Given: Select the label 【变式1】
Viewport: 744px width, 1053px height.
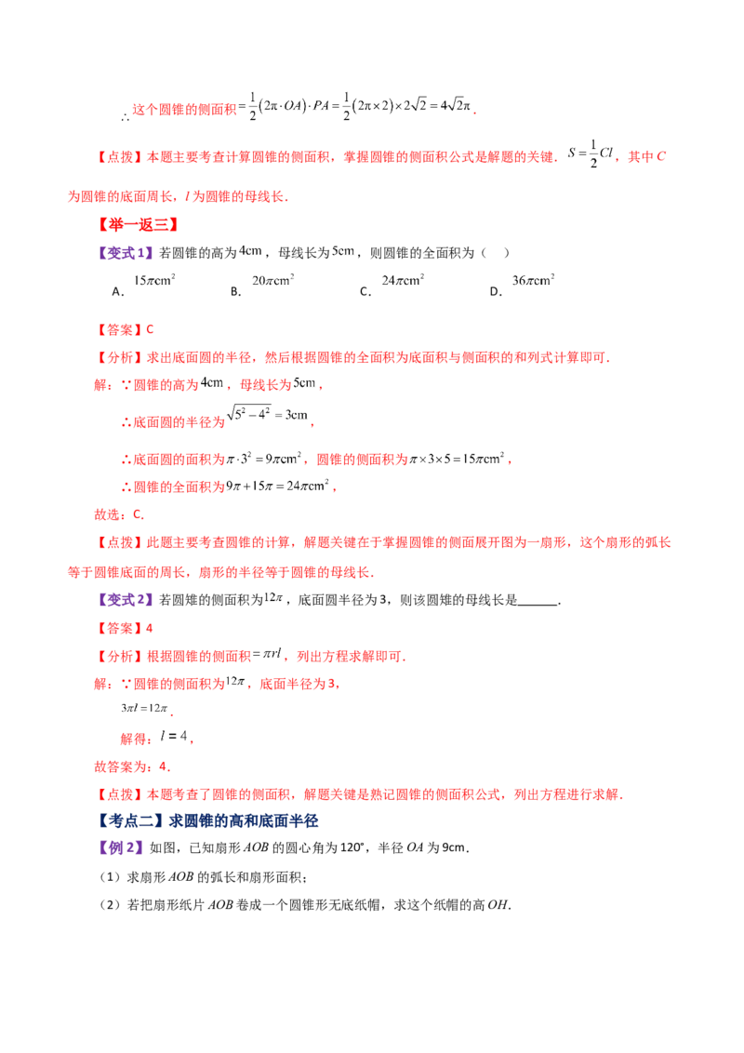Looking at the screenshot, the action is point(126,253).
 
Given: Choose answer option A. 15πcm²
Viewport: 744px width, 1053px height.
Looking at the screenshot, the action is point(144,285).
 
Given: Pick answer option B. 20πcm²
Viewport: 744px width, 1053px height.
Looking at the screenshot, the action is point(262,285).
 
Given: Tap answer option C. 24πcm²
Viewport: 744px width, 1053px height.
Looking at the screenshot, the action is point(392,285).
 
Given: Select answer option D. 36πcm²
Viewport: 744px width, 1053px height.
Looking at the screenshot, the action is point(523,285).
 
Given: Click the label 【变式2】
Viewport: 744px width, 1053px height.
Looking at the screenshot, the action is point(126,600).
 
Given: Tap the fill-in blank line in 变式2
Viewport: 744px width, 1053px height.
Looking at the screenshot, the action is point(538,604).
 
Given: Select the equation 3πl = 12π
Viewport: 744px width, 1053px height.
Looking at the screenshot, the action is point(144,708).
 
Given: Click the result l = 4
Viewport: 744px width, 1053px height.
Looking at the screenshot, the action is point(173,736).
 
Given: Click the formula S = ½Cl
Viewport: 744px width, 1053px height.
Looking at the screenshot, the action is point(591,153).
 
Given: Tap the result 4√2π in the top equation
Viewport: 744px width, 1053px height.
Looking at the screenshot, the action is point(456,105).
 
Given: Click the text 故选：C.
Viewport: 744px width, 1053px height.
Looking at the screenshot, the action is point(119,515).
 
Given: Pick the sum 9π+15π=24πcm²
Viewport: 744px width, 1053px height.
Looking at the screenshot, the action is point(277,486).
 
